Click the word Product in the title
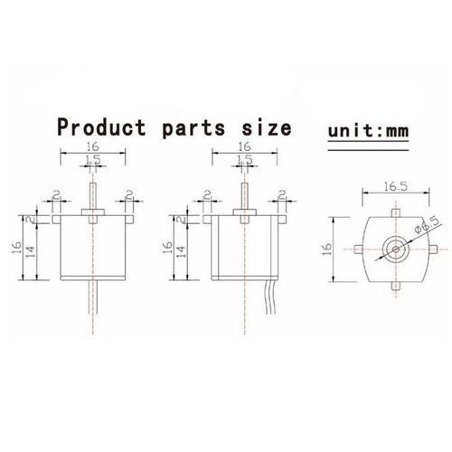(101, 127)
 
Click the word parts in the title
(193, 129)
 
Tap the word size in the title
(267, 127)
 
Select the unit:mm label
(368, 131)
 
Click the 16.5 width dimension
(395, 187)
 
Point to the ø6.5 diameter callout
(428, 225)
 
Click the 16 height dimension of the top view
(326, 249)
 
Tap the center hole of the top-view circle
(395, 250)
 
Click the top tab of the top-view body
(395, 212)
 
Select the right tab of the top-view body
(433, 249)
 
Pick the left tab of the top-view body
(358, 250)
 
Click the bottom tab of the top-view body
(396, 286)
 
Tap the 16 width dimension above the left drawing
(92, 146)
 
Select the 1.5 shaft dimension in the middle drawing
(245, 159)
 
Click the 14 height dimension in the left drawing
(32, 251)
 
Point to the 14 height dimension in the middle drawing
(182, 251)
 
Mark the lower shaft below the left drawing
(93, 297)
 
